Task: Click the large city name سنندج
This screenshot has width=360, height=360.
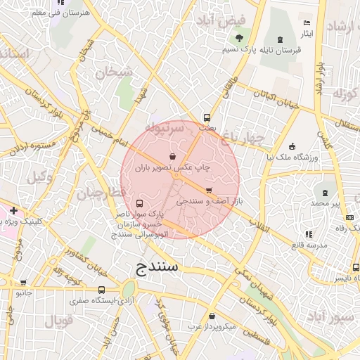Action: pos(157,268)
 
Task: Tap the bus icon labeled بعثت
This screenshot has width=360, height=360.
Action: pos(207,118)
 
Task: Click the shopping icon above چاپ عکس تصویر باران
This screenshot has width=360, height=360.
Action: pos(173,157)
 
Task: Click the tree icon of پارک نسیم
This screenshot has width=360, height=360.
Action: pos(240,38)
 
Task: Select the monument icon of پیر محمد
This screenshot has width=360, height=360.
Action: pos(325,192)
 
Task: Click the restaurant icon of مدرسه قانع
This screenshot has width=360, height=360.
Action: pos(307,234)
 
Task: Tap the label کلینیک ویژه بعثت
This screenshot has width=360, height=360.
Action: pos(22,221)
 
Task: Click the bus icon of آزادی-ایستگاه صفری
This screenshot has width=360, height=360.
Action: pos(101,290)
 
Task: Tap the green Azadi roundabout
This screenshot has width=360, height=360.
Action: pos(129,289)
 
